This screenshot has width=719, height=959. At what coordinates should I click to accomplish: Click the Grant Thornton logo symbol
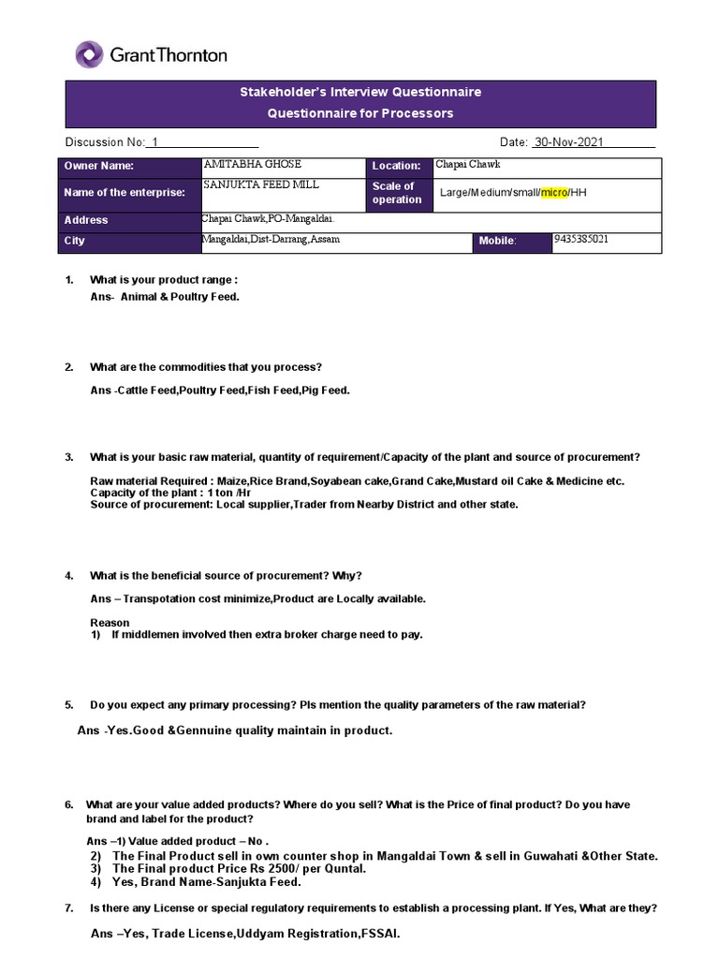click(90, 54)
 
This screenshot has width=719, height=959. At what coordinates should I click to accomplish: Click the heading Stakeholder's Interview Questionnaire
click(360, 92)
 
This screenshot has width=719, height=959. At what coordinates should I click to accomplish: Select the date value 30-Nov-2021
click(569, 142)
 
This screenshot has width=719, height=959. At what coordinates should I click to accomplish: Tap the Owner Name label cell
click(99, 166)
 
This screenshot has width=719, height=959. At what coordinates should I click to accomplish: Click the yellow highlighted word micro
click(554, 192)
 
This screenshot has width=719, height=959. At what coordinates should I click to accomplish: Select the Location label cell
click(396, 166)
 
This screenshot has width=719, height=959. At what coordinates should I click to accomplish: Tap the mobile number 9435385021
click(580, 239)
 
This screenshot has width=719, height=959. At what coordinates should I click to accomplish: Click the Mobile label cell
click(497, 242)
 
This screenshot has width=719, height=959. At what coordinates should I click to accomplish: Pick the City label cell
click(74, 241)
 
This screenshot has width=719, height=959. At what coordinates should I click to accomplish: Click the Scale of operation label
click(396, 193)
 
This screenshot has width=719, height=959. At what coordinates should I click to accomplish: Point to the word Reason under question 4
click(110, 622)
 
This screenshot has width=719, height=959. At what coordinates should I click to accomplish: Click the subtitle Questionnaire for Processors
click(360, 113)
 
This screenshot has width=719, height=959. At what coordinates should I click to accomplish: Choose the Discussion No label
click(105, 142)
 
